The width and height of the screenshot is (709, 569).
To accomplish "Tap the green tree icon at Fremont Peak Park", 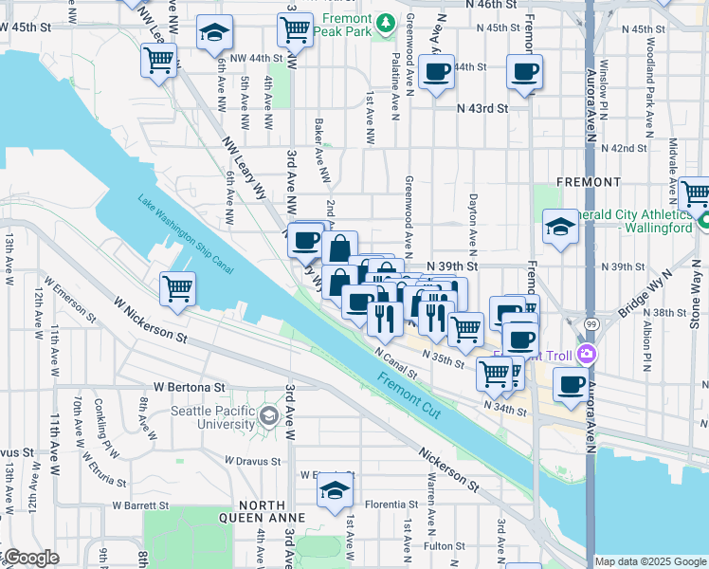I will click(x=385, y=21).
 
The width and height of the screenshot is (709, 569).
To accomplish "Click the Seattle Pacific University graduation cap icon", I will click(x=269, y=415).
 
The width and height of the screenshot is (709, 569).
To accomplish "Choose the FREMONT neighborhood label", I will click(x=589, y=181).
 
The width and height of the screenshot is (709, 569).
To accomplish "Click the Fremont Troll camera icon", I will click(x=587, y=354).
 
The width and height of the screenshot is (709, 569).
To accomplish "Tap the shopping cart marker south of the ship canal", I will click(x=177, y=289).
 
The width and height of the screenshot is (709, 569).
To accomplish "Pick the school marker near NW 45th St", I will click(x=215, y=32).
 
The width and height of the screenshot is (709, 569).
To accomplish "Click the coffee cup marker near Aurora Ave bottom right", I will click(x=571, y=384).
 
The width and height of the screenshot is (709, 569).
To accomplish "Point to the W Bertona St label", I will click(x=190, y=388).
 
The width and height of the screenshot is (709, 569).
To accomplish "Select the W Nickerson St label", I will click(x=150, y=320).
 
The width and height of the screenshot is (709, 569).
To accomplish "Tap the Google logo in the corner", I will click(x=32, y=559).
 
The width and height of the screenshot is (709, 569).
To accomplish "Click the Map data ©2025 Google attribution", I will click(x=649, y=561).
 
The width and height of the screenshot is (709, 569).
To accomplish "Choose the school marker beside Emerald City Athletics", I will click(x=560, y=227).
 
